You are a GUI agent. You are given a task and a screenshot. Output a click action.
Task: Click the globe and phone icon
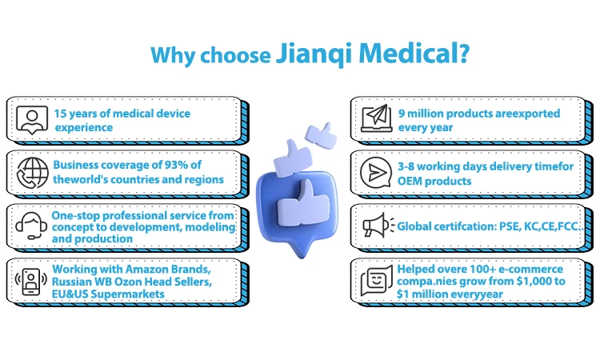pos(30,171)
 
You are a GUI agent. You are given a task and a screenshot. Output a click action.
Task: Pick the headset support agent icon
pos(30,225)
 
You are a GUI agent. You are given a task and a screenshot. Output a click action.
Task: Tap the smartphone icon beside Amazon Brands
pos(30,278)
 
